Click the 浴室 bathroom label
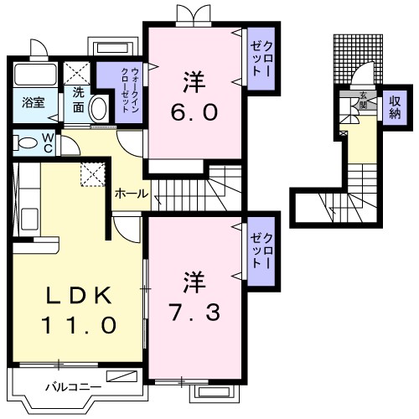[x=33, y=106]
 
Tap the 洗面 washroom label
[x=77, y=100]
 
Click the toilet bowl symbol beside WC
[x=25, y=142]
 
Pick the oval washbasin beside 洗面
[x=99, y=107]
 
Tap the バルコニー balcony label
[x=73, y=386]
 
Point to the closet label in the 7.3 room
[x=261, y=251]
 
